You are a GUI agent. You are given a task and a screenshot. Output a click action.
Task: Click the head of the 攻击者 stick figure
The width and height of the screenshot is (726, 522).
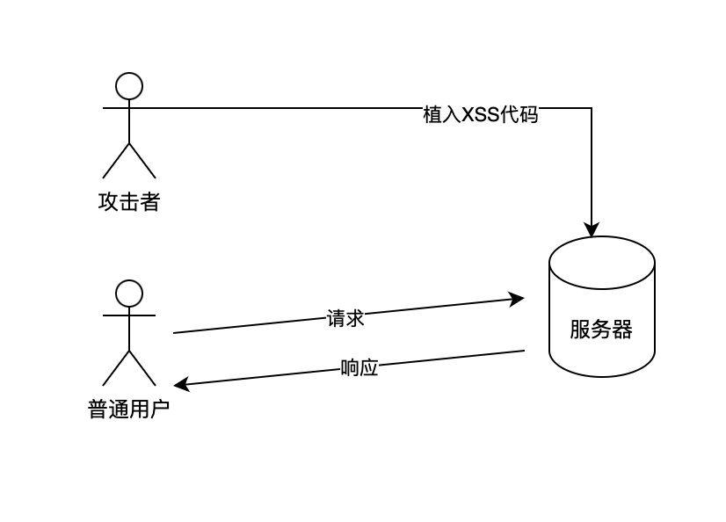[x=129, y=85]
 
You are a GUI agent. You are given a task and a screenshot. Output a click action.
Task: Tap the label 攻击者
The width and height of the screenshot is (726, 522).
[x=129, y=203]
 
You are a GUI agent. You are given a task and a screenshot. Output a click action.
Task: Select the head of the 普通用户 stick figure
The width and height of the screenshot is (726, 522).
[x=129, y=293]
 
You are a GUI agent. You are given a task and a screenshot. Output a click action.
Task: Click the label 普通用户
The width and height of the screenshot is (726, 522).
[x=128, y=410]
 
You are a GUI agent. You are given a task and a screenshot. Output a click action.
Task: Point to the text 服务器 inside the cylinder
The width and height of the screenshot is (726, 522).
[x=601, y=330]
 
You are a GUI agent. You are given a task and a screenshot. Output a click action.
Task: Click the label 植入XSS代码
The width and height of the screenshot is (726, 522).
[x=480, y=115]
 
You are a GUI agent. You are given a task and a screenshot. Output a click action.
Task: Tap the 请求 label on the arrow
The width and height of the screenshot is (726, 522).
[x=345, y=318]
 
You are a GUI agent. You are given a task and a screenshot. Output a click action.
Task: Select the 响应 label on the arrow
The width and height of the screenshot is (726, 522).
[x=359, y=367]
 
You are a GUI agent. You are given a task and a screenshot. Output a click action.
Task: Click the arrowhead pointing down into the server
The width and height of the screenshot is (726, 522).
[x=592, y=230]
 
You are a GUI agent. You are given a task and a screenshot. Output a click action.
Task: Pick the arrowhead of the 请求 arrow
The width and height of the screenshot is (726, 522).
[x=518, y=299]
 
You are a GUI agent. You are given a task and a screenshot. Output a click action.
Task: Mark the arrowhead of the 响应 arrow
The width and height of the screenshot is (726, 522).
[x=180, y=385]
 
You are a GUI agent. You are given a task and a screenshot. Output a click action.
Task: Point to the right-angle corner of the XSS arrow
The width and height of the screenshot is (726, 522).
[x=592, y=108]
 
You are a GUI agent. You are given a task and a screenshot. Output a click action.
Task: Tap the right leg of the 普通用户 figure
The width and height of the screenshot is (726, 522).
[x=142, y=368]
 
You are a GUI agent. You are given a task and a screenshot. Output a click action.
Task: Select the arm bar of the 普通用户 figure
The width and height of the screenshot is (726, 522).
[x=129, y=315]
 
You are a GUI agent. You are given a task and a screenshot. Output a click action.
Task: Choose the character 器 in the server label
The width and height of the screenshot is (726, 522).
[x=622, y=330]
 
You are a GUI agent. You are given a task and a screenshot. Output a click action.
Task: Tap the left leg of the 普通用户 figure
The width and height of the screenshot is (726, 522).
[x=116, y=368]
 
